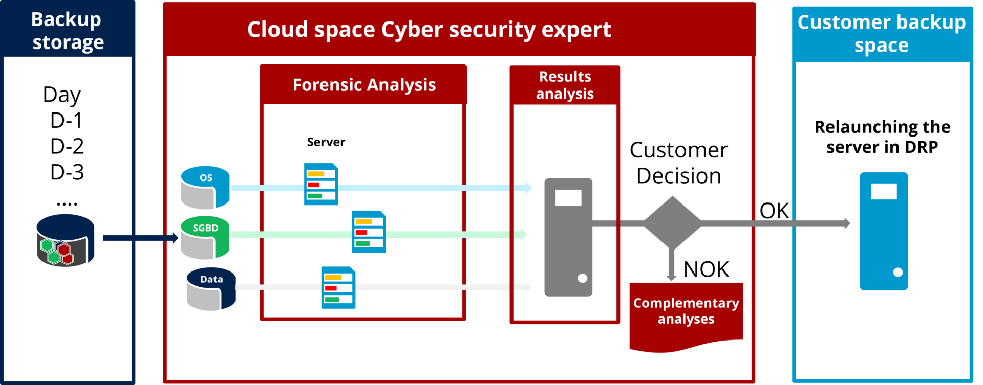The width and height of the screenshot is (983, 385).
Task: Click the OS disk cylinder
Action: [x=205, y=188]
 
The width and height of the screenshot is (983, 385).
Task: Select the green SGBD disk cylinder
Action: [x=205, y=238]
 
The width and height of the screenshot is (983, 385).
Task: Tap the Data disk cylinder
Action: [x=211, y=289]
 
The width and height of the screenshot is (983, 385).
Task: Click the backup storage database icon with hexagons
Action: [x=66, y=240]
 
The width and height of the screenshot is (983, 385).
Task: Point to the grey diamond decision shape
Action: [x=672, y=222]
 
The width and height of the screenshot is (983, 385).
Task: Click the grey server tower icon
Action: [x=568, y=237]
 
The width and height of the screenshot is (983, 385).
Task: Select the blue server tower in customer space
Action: [x=884, y=231]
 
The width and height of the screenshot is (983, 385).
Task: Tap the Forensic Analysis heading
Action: [x=364, y=85]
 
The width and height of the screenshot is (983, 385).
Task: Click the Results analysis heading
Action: [x=565, y=85]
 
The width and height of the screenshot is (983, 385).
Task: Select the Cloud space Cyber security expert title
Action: [x=429, y=30]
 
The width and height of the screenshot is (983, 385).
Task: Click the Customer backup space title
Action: [x=882, y=34]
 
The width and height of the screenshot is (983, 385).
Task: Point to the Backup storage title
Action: [x=67, y=31]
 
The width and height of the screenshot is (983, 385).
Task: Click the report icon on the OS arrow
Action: [x=321, y=184]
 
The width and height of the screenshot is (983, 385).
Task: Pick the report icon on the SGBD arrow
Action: [x=369, y=232]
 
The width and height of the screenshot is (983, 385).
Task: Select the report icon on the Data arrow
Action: [x=338, y=288]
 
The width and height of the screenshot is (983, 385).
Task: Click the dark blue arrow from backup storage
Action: [x=138, y=238]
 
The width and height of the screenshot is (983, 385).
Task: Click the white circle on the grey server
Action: [x=583, y=278]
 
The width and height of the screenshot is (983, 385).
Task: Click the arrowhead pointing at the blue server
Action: [x=847, y=223]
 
